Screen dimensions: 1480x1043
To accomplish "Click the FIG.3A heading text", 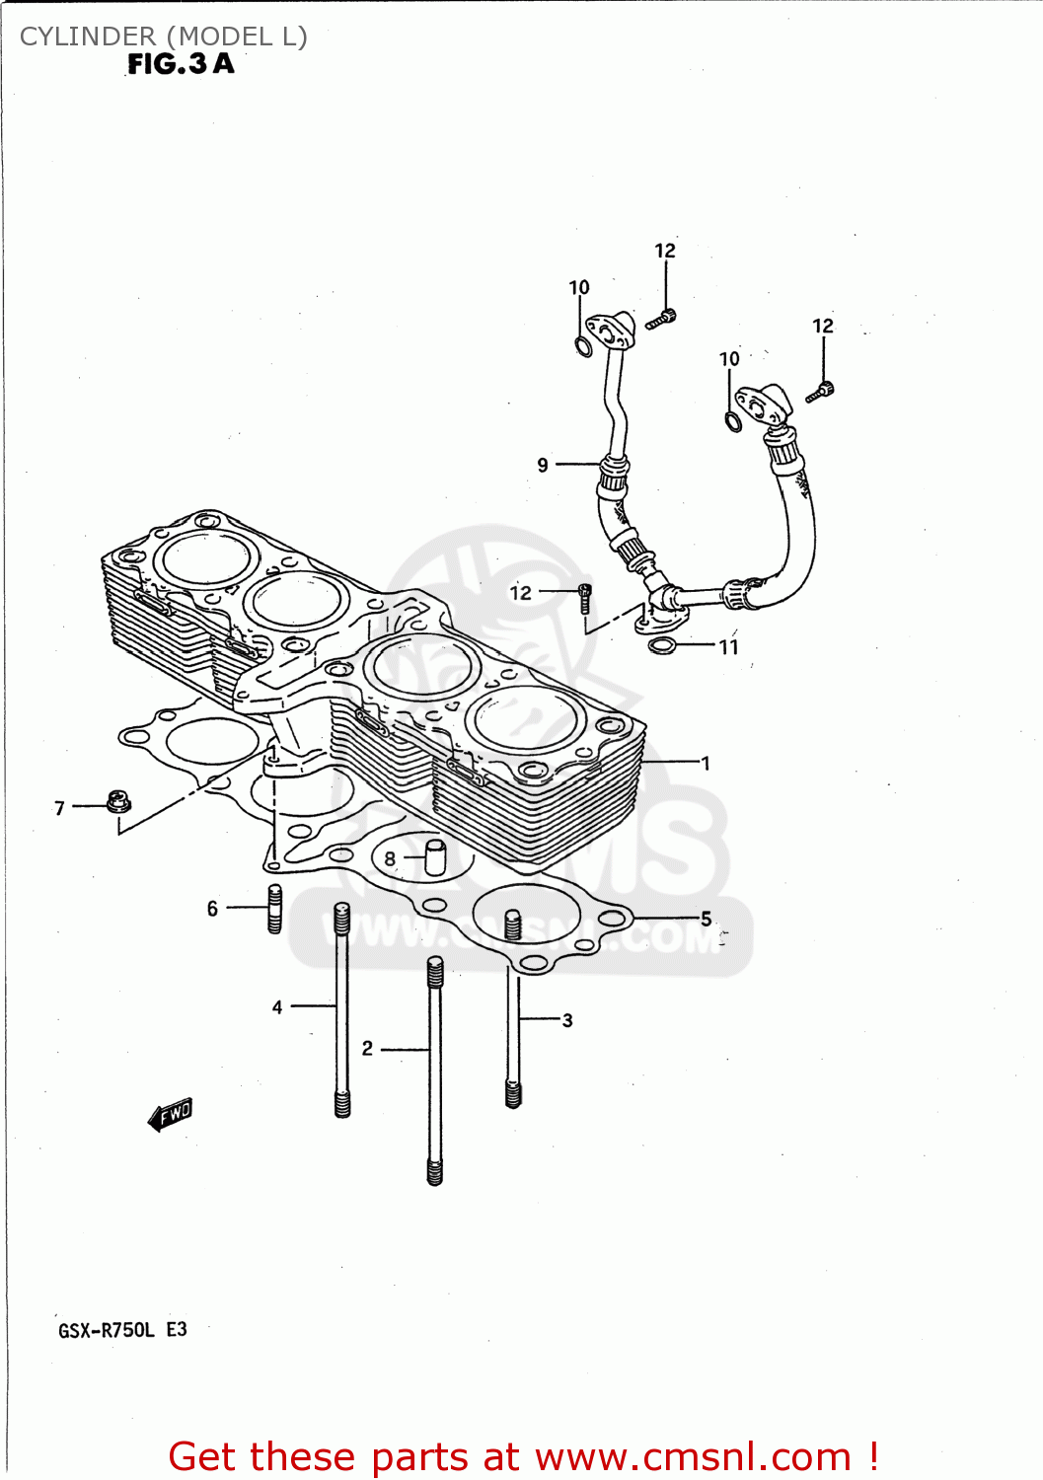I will click(x=181, y=65).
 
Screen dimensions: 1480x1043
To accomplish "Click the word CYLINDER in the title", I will click(x=88, y=37).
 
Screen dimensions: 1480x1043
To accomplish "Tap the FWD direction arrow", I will click(x=171, y=1115).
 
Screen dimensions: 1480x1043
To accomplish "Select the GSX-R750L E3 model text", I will click(x=122, y=1330).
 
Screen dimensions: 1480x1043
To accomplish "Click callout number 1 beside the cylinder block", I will click(x=705, y=763).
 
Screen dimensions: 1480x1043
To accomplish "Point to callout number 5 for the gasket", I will click(x=706, y=919).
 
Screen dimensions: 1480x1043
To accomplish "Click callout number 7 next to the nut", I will click(x=59, y=808).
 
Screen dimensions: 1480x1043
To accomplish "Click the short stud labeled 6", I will click(x=274, y=909).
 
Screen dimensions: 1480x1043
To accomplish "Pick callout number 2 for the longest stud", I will click(x=367, y=1048).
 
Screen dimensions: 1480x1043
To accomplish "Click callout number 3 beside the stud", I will click(x=567, y=1020).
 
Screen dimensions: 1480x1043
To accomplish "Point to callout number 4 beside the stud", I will click(x=277, y=1006).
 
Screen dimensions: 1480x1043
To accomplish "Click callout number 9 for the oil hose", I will click(x=543, y=465).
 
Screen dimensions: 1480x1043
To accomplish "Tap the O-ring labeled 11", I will click(x=663, y=646).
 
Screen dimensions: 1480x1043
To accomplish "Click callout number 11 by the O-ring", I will click(x=728, y=647).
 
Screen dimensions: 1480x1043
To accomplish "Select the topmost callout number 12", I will click(x=665, y=251).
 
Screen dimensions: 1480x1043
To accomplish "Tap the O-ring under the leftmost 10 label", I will click(x=583, y=346).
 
